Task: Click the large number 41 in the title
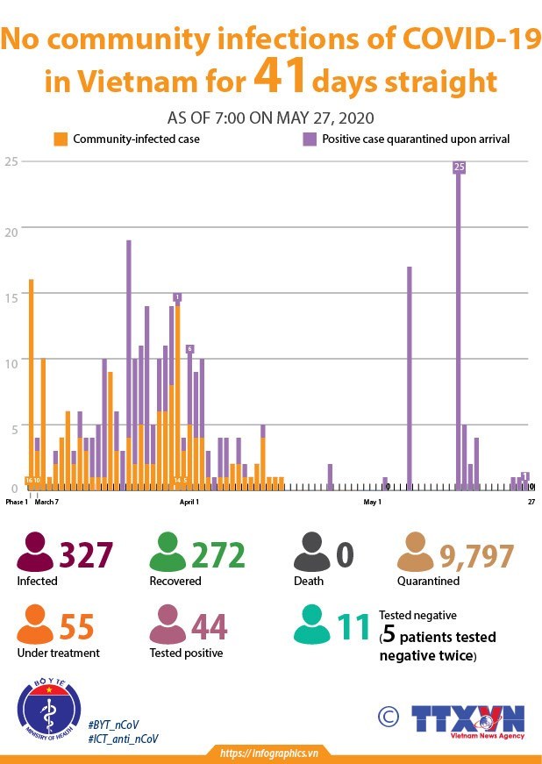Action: [280, 77]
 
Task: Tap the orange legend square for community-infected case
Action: [61, 139]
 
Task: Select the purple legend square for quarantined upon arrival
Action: [309, 139]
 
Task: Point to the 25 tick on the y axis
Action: [11, 161]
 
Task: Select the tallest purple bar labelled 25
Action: [459, 325]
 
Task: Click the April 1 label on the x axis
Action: [189, 503]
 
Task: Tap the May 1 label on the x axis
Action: [373, 503]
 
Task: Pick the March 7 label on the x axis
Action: [46, 503]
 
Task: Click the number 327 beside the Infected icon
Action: [86, 555]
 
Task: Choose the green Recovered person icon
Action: [168, 553]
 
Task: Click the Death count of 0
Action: [345, 555]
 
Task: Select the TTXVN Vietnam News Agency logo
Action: [468, 719]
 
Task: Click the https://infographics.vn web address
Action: [268, 753]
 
